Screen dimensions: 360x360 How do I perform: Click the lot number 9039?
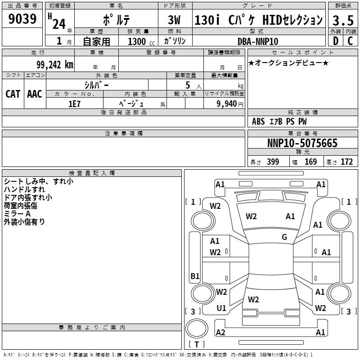[22, 19]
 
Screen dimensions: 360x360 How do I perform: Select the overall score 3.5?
[342, 20]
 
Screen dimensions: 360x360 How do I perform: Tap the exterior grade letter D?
[335, 41]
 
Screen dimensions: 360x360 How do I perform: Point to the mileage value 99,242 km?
[51, 65]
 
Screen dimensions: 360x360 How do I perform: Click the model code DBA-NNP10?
[258, 41]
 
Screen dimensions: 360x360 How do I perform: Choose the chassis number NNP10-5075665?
[302, 143]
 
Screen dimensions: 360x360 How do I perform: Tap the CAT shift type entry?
[13, 94]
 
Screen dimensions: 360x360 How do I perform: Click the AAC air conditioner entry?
[35, 94]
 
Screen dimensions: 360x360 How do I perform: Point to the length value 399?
[273, 162]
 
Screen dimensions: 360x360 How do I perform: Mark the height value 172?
[346, 162]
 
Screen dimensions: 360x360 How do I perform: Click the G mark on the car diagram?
[284, 237]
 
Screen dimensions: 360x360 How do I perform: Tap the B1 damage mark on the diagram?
[195, 276]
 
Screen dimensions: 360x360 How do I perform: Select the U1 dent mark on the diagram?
[221, 308]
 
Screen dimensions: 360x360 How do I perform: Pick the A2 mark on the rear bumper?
[220, 332]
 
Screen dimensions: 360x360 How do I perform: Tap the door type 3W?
[174, 20]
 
